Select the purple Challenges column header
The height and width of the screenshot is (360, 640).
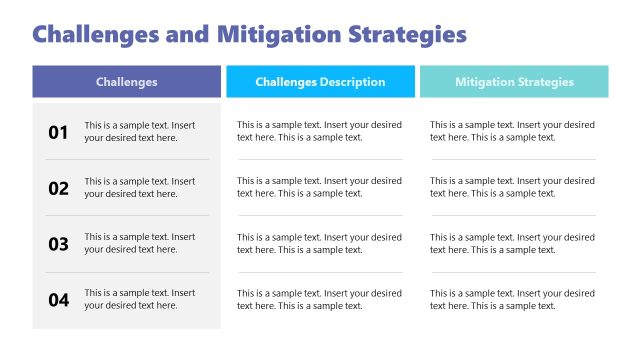pyautogui.click(x=126, y=82)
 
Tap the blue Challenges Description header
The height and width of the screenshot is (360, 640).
pyautogui.click(x=320, y=82)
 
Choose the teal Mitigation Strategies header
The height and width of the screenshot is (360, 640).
pyautogui.click(x=514, y=82)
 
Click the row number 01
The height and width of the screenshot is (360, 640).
pyautogui.click(x=59, y=132)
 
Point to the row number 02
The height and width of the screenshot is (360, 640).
pyautogui.click(x=59, y=188)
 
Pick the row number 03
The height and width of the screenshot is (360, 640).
pyautogui.click(x=59, y=244)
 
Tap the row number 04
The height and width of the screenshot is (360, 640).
pyautogui.click(x=59, y=300)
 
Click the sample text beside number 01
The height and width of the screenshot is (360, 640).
pyautogui.click(x=139, y=132)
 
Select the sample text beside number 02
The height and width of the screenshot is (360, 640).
pyautogui.click(x=139, y=188)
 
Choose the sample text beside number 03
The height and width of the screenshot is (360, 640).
pyautogui.click(x=139, y=244)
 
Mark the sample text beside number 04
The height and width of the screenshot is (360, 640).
pyautogui.click(x=139, y=300)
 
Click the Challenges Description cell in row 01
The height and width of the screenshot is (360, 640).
pyautogui.click(x=319, y=132)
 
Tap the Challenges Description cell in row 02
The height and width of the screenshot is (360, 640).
pyautogui.click(x=319, y=188)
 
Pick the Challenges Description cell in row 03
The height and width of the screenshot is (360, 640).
pyautogui.click(x=319, y=244)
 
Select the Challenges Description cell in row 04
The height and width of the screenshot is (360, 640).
pyautogui.click(x=319, y=300)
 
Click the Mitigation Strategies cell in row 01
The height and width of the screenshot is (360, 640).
pyautogui.click(x=512, y=132)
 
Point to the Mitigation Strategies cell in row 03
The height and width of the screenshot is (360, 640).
pyautogui.click(x=512, y=244)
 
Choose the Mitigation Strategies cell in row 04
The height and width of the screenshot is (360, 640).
pyautogui.click(x=512, y=300)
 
